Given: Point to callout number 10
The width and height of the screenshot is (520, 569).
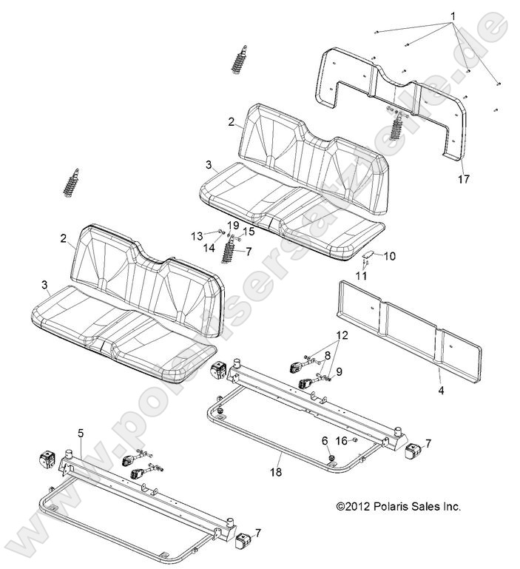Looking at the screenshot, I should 390,256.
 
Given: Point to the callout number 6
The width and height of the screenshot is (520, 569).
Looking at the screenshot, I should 323,441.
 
